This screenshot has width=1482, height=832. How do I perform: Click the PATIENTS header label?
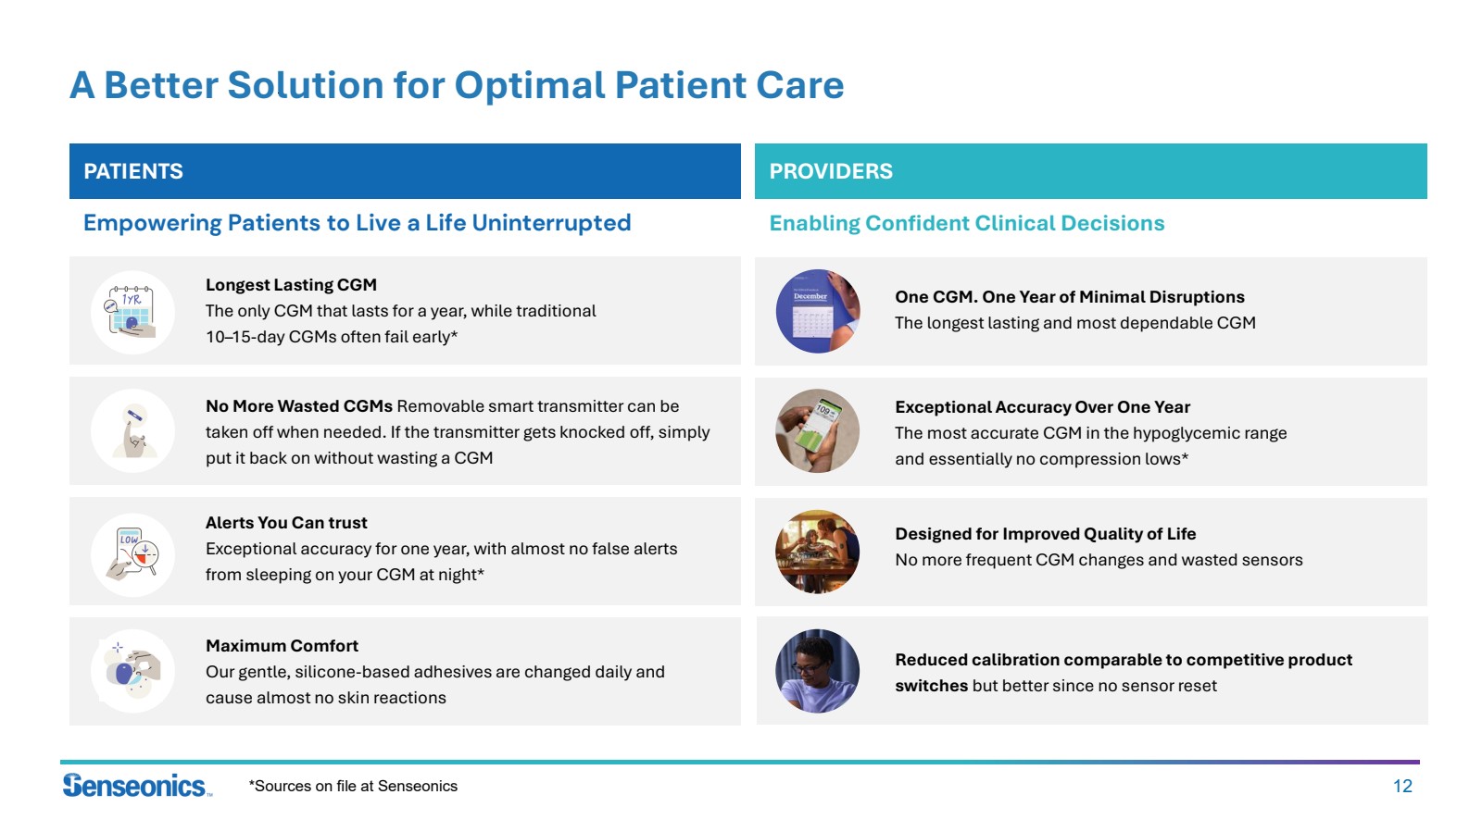133,171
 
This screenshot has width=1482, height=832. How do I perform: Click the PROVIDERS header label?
830,171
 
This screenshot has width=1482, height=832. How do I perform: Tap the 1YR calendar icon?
132,312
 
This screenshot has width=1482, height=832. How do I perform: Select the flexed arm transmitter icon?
132,431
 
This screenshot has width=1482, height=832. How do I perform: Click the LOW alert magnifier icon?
132,554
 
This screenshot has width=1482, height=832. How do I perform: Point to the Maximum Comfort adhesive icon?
132,671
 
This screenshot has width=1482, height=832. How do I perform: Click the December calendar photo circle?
818,311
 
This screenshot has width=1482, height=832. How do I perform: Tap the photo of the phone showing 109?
818,431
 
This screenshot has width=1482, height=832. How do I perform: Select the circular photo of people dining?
818,552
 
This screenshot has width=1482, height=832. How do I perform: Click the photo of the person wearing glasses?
818,671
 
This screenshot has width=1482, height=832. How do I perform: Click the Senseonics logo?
137,785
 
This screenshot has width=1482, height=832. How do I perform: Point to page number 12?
1402,786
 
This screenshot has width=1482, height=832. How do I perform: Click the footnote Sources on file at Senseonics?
353,786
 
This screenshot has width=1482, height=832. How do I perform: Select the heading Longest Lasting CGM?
291,285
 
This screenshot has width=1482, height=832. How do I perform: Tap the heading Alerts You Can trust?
286,523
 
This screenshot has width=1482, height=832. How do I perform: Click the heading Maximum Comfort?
282,646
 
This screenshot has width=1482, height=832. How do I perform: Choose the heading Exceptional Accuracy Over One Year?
1042,407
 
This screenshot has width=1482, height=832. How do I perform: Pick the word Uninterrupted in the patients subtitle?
551,223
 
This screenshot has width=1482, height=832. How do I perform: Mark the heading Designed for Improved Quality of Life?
1046,534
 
